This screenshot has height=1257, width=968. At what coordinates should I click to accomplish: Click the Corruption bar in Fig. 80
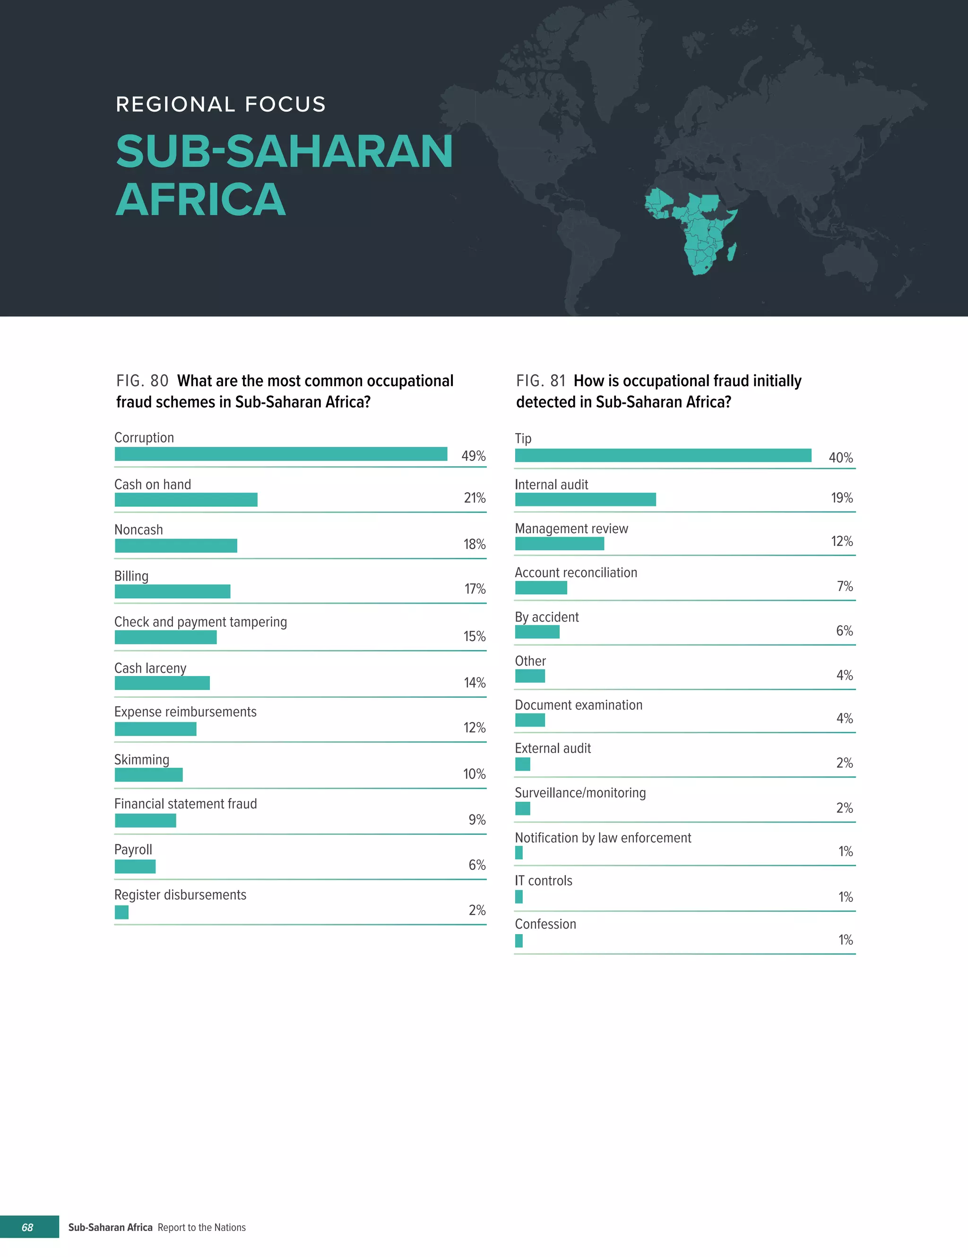point(281,454)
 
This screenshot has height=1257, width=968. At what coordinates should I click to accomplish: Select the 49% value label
point(473,456)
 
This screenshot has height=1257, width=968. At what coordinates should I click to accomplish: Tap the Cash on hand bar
point(186,500)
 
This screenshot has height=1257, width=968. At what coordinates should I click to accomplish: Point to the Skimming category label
point(142,760)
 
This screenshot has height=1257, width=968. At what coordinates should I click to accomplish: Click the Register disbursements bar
point(121,912)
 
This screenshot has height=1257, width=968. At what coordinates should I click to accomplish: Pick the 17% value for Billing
point(475,589)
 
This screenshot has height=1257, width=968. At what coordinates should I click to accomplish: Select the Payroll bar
point(135,866)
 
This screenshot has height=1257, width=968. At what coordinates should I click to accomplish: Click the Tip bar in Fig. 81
point(663,455)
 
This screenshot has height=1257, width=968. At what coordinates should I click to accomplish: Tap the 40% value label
point(840,458)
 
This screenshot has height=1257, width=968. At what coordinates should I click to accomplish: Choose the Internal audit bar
point(585,500)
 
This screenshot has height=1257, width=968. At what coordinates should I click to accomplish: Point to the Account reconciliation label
point(576,572)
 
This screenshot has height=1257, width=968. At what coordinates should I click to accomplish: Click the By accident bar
point(537,632)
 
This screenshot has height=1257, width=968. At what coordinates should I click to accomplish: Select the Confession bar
point(519,940)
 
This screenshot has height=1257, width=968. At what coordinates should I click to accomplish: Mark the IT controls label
point(543,881)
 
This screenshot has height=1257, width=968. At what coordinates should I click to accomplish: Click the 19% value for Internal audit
point(841,498)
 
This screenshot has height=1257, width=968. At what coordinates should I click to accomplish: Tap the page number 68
point(27,1227)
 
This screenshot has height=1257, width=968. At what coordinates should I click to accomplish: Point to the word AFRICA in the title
point(201,199)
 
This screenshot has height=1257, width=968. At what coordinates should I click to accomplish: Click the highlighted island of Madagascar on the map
point(732,251)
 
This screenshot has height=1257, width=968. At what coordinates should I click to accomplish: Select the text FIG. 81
point(540,381)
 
